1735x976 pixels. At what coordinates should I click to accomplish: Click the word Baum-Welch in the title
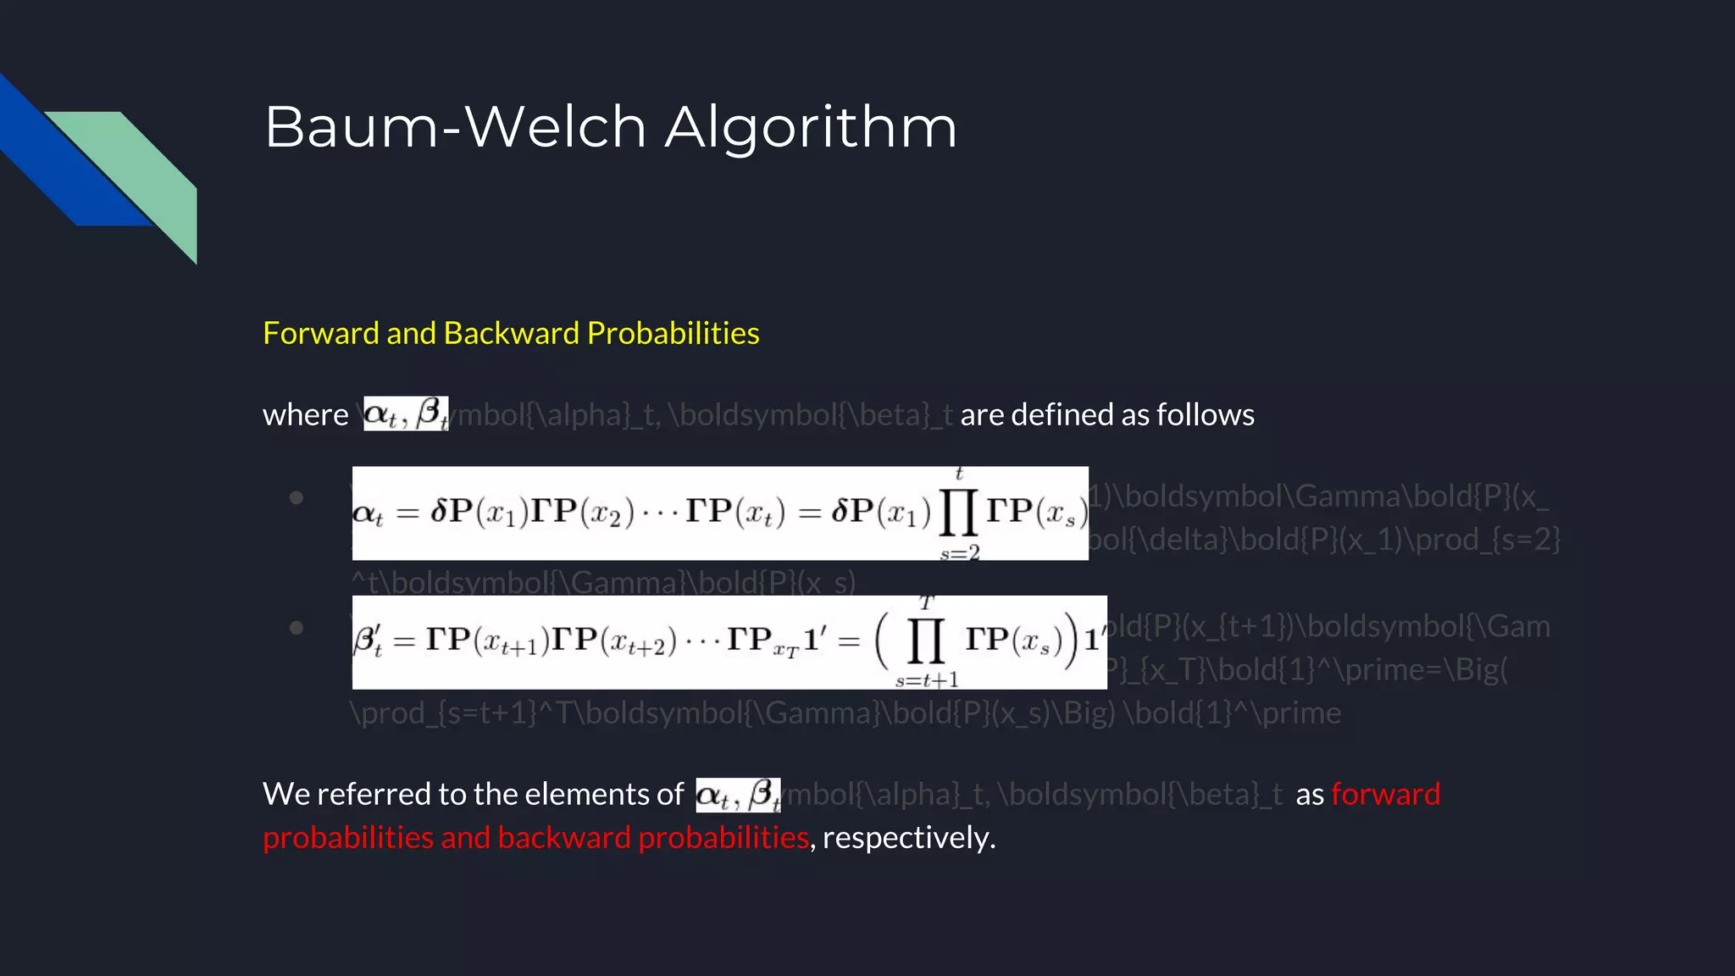click(x=456, y=127)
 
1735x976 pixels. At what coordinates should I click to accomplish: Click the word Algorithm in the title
click(x=811, y=127)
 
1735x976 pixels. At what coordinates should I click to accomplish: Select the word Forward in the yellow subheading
click(x=321, y=333)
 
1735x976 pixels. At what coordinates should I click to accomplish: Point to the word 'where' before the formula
click(x=305, y=415)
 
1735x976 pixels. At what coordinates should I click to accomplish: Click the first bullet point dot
click(x=296, y=497)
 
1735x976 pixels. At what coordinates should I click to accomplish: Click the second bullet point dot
click(x=296, y=628)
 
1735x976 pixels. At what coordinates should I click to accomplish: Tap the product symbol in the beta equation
click(x=925, y=641)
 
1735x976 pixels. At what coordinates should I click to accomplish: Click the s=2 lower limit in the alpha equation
click(x=960, y=553)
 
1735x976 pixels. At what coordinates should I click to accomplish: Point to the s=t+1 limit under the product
click(x=927, y=679)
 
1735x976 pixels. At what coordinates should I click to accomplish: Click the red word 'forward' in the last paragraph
click(x=1385, y=795)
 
